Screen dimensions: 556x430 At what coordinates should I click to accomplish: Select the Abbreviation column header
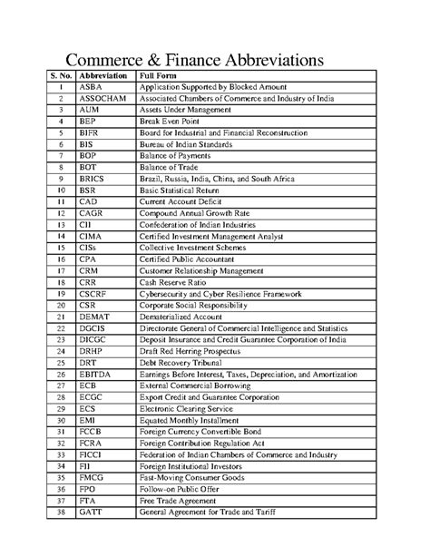click(103, 73)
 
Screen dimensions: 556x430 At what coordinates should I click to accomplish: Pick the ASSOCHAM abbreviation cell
click(102, 97)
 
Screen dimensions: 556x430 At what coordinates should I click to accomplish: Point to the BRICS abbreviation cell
click(93, 180)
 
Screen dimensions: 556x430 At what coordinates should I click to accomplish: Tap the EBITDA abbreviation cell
click(96, 373)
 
